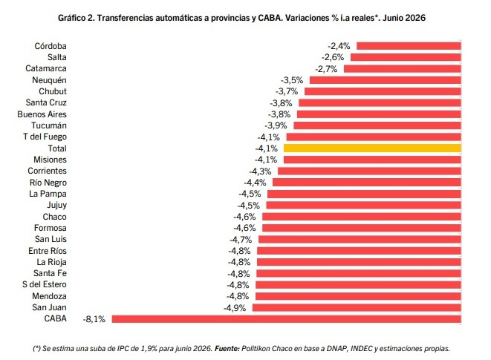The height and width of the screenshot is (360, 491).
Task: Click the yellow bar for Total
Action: (372, 148)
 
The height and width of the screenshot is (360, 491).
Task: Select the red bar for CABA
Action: (287, 318)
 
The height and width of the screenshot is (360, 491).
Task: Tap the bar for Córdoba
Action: (409, 46)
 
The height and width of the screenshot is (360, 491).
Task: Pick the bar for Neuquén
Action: (386, 80)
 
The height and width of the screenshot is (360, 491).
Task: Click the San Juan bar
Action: (357, 307)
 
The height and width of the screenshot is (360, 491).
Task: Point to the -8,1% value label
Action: (94, 319)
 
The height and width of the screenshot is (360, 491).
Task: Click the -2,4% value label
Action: (339, 46)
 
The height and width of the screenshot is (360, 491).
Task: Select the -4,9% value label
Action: (235, 308)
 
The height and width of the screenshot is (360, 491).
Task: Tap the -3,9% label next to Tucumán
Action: (276, 125)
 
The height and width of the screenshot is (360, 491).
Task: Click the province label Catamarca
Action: (46, 68)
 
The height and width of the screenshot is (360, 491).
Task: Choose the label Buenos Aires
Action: (42, 114)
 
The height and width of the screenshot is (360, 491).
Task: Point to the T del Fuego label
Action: (45, 137)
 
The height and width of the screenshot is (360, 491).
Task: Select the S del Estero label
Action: (45, 284)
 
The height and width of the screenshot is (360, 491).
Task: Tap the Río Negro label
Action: (48, 183)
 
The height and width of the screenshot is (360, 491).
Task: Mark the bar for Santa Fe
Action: (359, 273)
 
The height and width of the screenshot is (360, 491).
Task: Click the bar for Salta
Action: (406, 57)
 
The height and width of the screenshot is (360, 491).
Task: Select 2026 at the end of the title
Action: (415, 18)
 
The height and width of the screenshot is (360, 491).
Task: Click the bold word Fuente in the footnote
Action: (227, 348)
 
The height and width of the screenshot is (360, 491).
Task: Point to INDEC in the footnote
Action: (362, 348)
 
